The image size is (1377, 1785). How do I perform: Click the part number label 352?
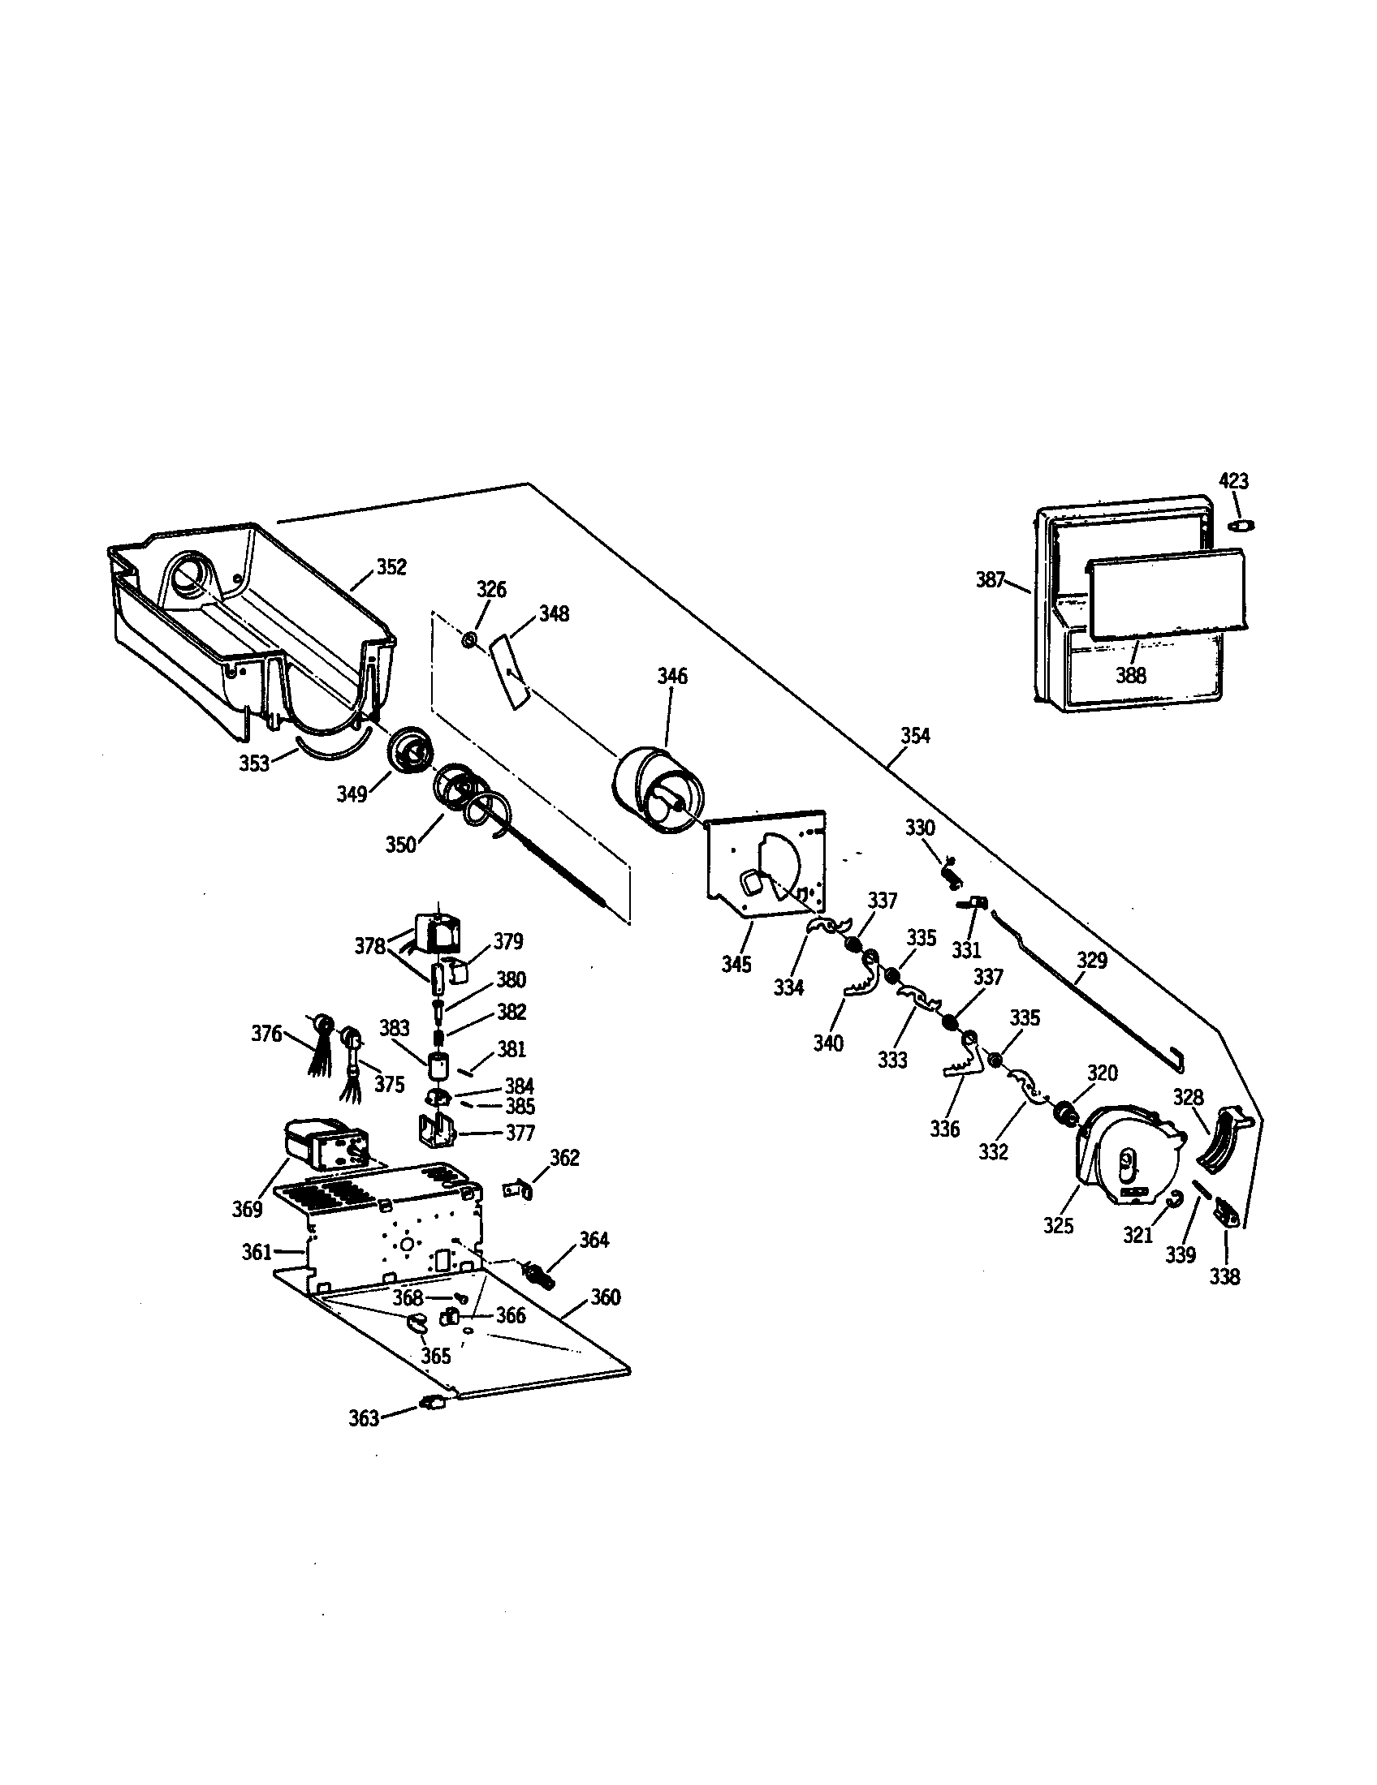[391, 567]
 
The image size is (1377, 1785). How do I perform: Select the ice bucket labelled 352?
[245, 622]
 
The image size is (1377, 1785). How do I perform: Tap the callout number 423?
[1234, 480]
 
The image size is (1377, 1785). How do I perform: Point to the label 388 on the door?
[1130, 675]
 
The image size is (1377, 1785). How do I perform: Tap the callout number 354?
[915, 736]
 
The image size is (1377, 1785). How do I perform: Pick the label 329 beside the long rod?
[1091, 961]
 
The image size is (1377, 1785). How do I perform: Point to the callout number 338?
[1224, 1276]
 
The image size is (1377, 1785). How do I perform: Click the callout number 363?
[364, 1418]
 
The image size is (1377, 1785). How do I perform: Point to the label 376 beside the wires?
[265, 1034]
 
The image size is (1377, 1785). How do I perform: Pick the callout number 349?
[352, 794]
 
